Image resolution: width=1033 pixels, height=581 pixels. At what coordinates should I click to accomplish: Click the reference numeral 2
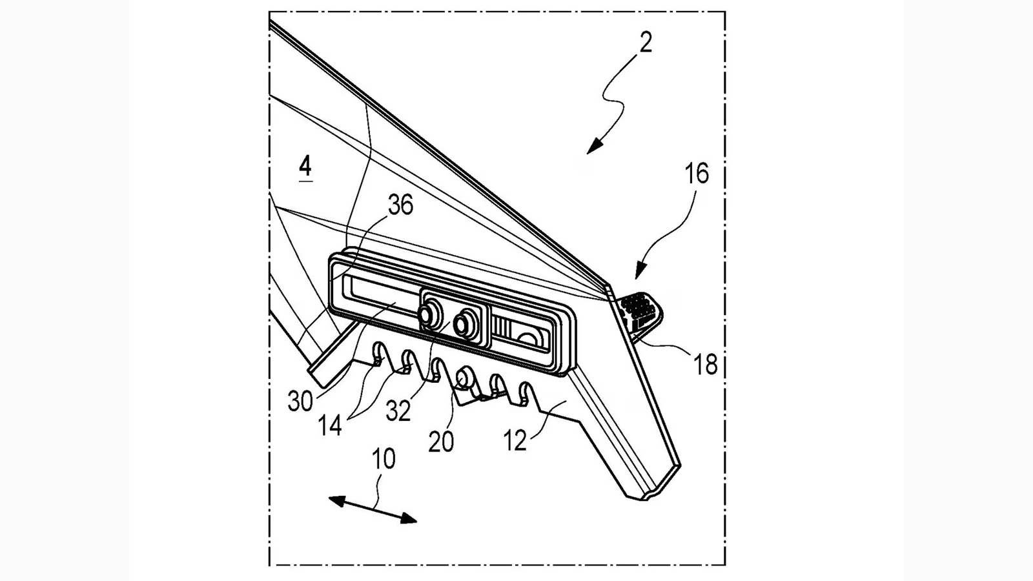[x=646, y=43]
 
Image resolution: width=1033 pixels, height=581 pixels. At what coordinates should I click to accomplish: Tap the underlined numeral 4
[x=305, y=167]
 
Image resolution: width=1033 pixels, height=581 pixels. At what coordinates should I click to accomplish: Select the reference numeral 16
[x=697, y=174]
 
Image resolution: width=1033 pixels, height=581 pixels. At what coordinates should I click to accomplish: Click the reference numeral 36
[x=400, y=205]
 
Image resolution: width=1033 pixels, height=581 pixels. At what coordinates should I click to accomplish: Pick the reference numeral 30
[x=300, y=402]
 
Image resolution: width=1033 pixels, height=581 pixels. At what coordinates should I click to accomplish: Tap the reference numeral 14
[x=330, y=425]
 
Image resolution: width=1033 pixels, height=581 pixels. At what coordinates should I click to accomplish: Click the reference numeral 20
[x=442, y=442]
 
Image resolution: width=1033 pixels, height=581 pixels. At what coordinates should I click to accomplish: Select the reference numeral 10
[x=384, y=460]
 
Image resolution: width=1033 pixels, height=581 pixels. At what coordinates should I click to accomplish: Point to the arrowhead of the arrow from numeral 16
[x=640, y=272]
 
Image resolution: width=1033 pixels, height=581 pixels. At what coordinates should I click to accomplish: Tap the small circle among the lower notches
[x=464, y=376]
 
